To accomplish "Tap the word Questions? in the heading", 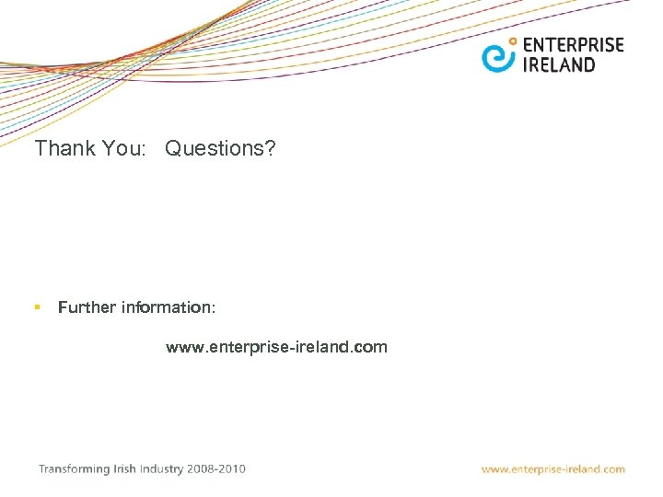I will [x=220, y=148].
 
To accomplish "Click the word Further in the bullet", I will [x=87, y=307].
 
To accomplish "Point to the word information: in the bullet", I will [x=169, y=307].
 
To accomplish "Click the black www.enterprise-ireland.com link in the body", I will [x=276, y=347].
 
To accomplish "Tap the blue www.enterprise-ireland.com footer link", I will [x=552, y=469].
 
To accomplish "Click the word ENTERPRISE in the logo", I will [x=573, y=45].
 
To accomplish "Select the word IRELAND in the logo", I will [x=559, y=64].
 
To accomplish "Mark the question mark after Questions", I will [x=269, y=148].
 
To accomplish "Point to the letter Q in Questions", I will [x=174, y=148].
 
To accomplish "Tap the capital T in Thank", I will [x=40, y=148].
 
